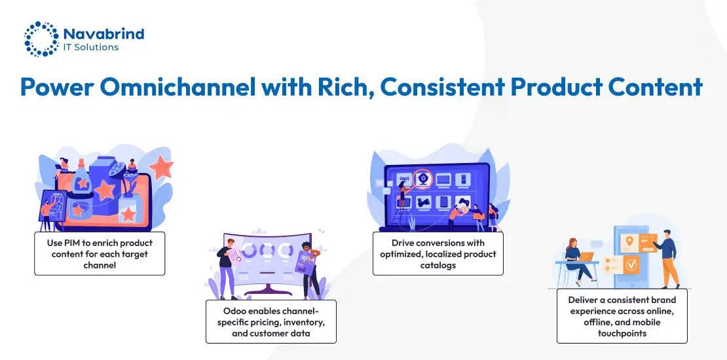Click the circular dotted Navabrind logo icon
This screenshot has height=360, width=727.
pos(41,39)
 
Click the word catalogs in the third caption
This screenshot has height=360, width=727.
pos(438,265)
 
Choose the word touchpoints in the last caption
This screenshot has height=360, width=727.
pos(622,333)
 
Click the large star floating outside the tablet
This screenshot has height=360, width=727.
pos(162,168)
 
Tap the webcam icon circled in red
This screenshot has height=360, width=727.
pos(422,179)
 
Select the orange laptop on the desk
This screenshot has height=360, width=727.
pos(587,256)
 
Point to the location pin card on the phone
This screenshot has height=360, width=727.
pos(629,241)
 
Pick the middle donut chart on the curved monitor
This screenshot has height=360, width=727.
pos(267,250)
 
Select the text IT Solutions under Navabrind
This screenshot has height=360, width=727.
pos(91,46)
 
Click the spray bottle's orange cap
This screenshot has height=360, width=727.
pos(81,164)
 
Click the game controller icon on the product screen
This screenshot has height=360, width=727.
pos(463,201)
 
